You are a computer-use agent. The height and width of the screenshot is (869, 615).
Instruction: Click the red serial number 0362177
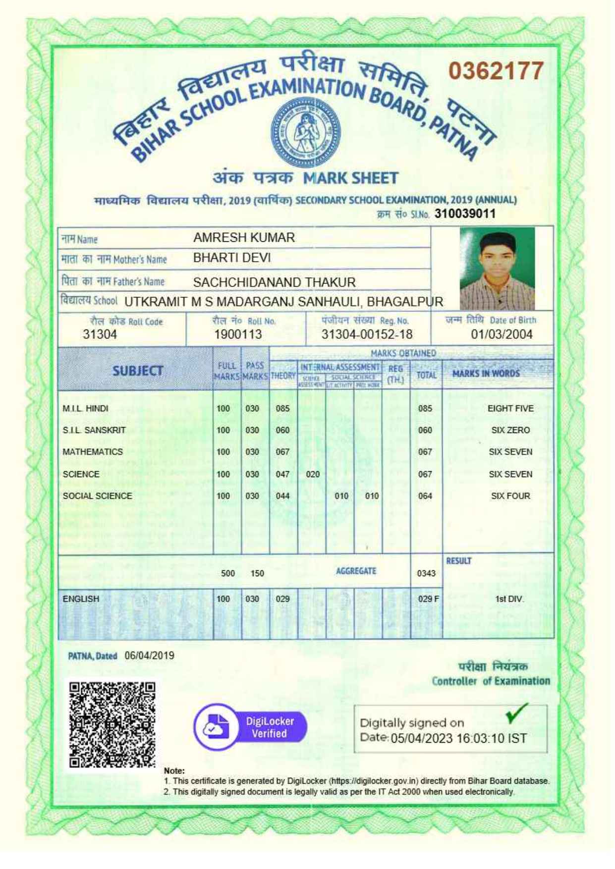click(496, 71)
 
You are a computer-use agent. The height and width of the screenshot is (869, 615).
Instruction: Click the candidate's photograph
click(497, 268)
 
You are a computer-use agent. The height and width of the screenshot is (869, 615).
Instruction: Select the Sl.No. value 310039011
click(465, 214)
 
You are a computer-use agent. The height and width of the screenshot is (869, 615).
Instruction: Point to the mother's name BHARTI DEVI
click(231, 258)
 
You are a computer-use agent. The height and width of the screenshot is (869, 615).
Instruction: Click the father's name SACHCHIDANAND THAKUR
click(274, 282)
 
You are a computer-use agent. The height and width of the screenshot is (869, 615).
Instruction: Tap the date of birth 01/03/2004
click(502, 334)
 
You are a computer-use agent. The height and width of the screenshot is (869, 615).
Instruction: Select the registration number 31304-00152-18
click(367, 334)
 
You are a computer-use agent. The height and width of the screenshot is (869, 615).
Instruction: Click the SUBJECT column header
click(137, 371)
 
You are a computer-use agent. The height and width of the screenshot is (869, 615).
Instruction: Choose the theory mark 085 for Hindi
click(282, 409)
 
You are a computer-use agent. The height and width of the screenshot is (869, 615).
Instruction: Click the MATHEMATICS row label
click(93, 452)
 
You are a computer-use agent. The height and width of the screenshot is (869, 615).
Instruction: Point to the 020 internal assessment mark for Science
click(313, 474)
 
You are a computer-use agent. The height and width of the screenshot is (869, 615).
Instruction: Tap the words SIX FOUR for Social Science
click(510, 496)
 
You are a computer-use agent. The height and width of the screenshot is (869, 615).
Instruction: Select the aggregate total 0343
click(426, 573)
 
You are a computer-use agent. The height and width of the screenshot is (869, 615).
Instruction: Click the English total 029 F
click(428, 599)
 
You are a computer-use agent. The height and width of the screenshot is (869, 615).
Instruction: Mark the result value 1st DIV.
click(509, 599)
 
